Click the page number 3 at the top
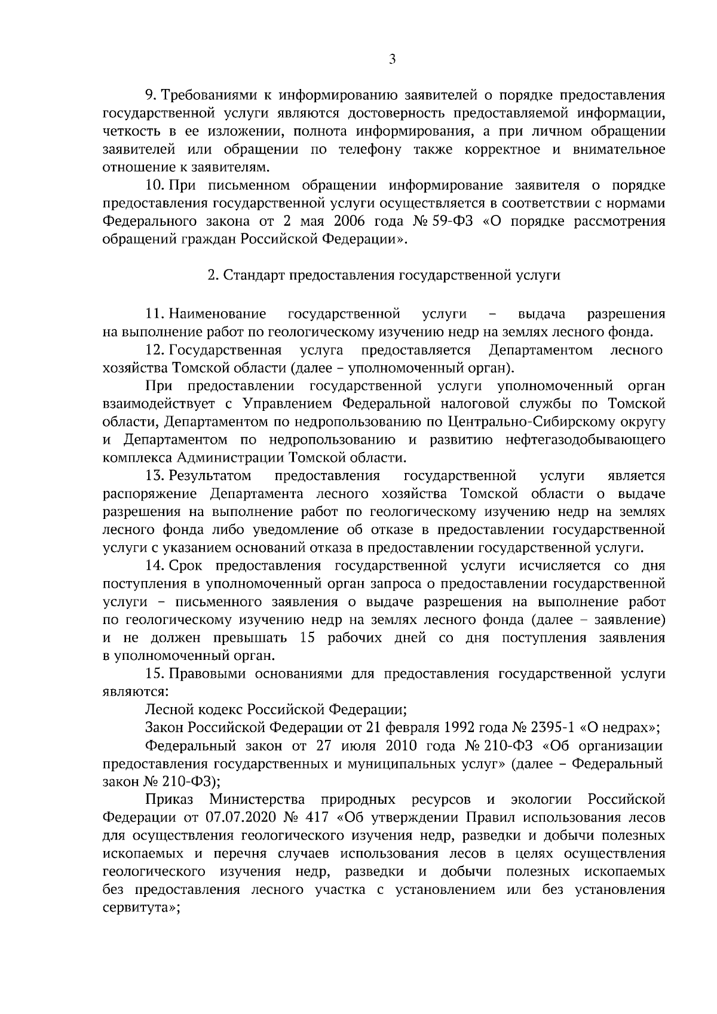(x=391, y=59)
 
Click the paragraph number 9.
(x=151, y=95)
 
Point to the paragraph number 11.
(x=155, y=314)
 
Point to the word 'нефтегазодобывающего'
(x=586, y=440)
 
